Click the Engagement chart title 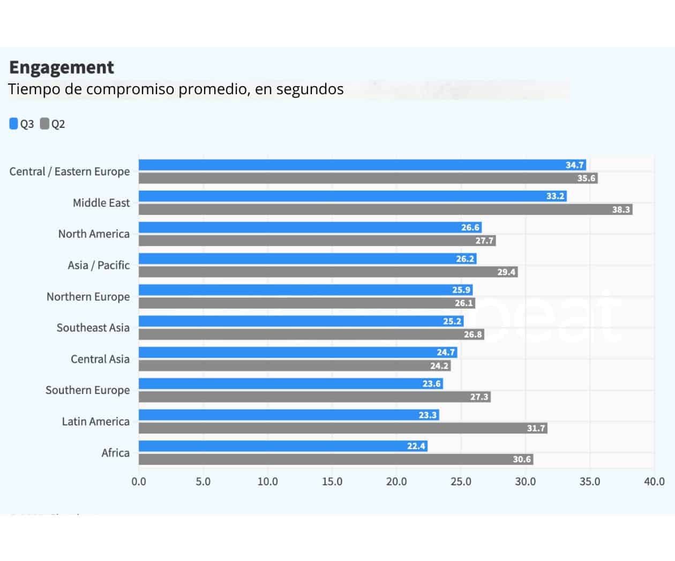coord(62,67)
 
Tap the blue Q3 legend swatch coord(14,124)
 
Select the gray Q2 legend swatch coord(45,124)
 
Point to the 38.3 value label coord(621,209)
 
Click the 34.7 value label coord(574,165)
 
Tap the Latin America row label coord(95,421)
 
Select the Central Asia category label coord(100,359)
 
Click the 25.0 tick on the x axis coord(461,481)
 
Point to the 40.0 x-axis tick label coord(654,481)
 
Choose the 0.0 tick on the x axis coord(139,481)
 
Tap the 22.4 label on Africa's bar coord(416,446)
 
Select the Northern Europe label coord(88,297)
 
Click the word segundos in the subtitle coord(310,89)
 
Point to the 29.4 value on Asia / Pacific coord(506,272)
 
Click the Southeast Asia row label coord(93,328)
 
